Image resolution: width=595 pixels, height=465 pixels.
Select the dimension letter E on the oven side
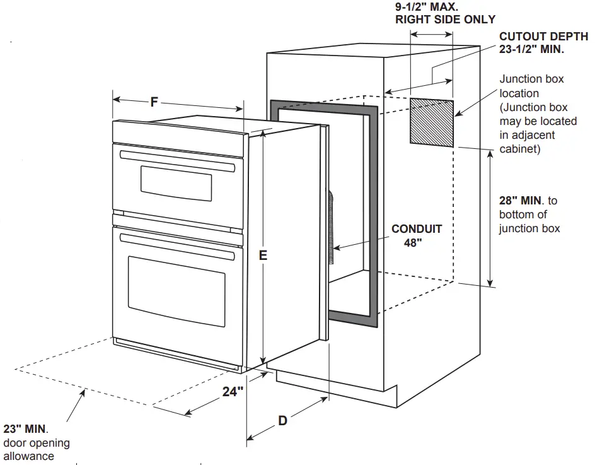pos(263,255)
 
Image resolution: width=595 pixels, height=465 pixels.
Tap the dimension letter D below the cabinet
pos(282,420)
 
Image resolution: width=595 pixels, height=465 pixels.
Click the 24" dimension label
pos(233,392)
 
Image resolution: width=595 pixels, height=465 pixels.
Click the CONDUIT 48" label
pos(416,236)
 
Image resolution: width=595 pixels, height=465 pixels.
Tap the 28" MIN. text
pos(520,201)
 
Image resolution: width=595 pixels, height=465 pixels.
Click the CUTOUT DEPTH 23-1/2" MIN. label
pos(543,43)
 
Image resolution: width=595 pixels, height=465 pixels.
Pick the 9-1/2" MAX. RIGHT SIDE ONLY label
pos(445,13)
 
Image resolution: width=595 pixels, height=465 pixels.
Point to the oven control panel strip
pos(178,134)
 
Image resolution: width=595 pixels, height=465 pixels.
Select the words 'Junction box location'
pos(531,86)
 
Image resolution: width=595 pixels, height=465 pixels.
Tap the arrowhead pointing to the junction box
pos(458,113)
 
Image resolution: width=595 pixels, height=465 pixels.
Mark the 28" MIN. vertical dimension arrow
pos(492,218)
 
